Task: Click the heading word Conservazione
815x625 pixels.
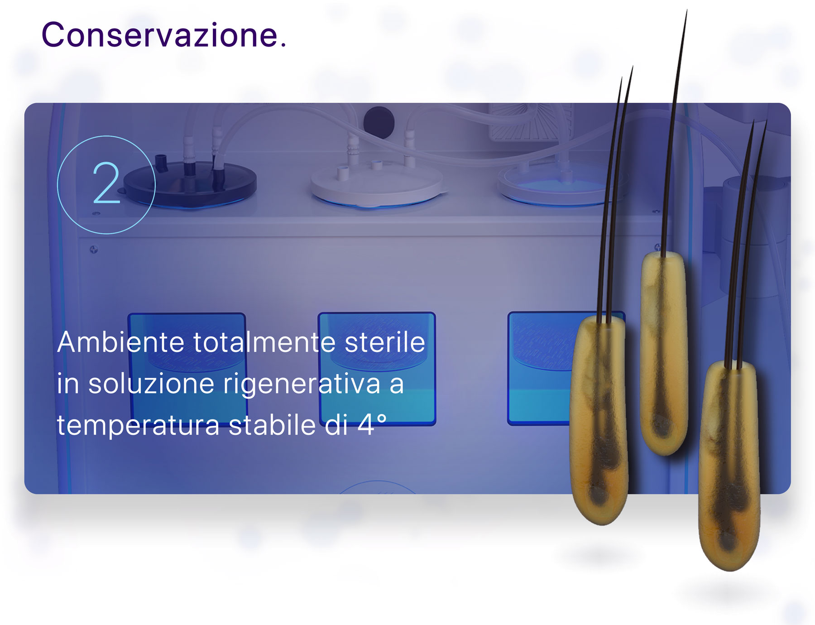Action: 164,35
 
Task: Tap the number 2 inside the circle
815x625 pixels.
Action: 106,183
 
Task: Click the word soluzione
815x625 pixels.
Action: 151,384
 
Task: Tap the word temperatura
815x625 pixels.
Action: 138,426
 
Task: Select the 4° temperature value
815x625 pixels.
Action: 372,425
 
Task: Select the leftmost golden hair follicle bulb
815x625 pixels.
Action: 599,419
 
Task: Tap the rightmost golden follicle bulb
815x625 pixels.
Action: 729,464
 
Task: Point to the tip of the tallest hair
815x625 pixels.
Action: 687,10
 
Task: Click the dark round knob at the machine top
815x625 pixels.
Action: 379,121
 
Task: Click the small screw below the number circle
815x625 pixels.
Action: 94,250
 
